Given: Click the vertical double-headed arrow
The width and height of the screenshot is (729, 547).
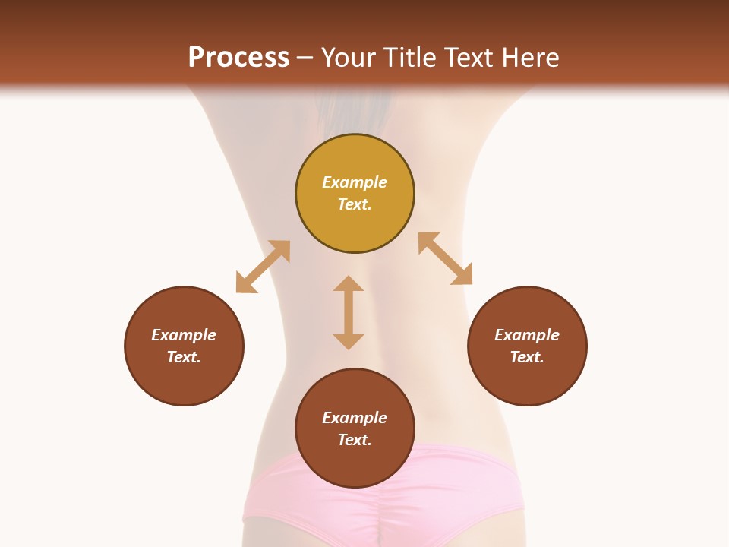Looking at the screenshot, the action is click(349, 312).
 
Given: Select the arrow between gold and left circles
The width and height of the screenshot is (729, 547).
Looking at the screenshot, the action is click(263, 267).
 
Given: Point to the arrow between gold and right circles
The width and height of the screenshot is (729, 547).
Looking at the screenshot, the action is click(445, 258).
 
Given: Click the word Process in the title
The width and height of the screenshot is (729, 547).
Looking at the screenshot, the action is click(238, 57).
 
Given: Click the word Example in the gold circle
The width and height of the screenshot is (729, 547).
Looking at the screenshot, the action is click(355, 182).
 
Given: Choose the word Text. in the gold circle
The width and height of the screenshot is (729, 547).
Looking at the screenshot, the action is click(355, 204).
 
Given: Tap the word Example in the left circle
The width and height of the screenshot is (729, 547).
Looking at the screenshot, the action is click(184, 335).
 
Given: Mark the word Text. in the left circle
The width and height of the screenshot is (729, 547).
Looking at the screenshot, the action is click(184, 357).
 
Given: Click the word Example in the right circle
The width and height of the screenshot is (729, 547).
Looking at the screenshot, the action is click(527, 335).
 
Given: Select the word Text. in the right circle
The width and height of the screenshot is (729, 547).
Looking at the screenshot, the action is click(527, 357).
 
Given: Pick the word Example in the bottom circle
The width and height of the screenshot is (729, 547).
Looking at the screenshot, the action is click(355, 418).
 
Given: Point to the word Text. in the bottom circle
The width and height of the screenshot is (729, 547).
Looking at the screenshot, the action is click(355, 440).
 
